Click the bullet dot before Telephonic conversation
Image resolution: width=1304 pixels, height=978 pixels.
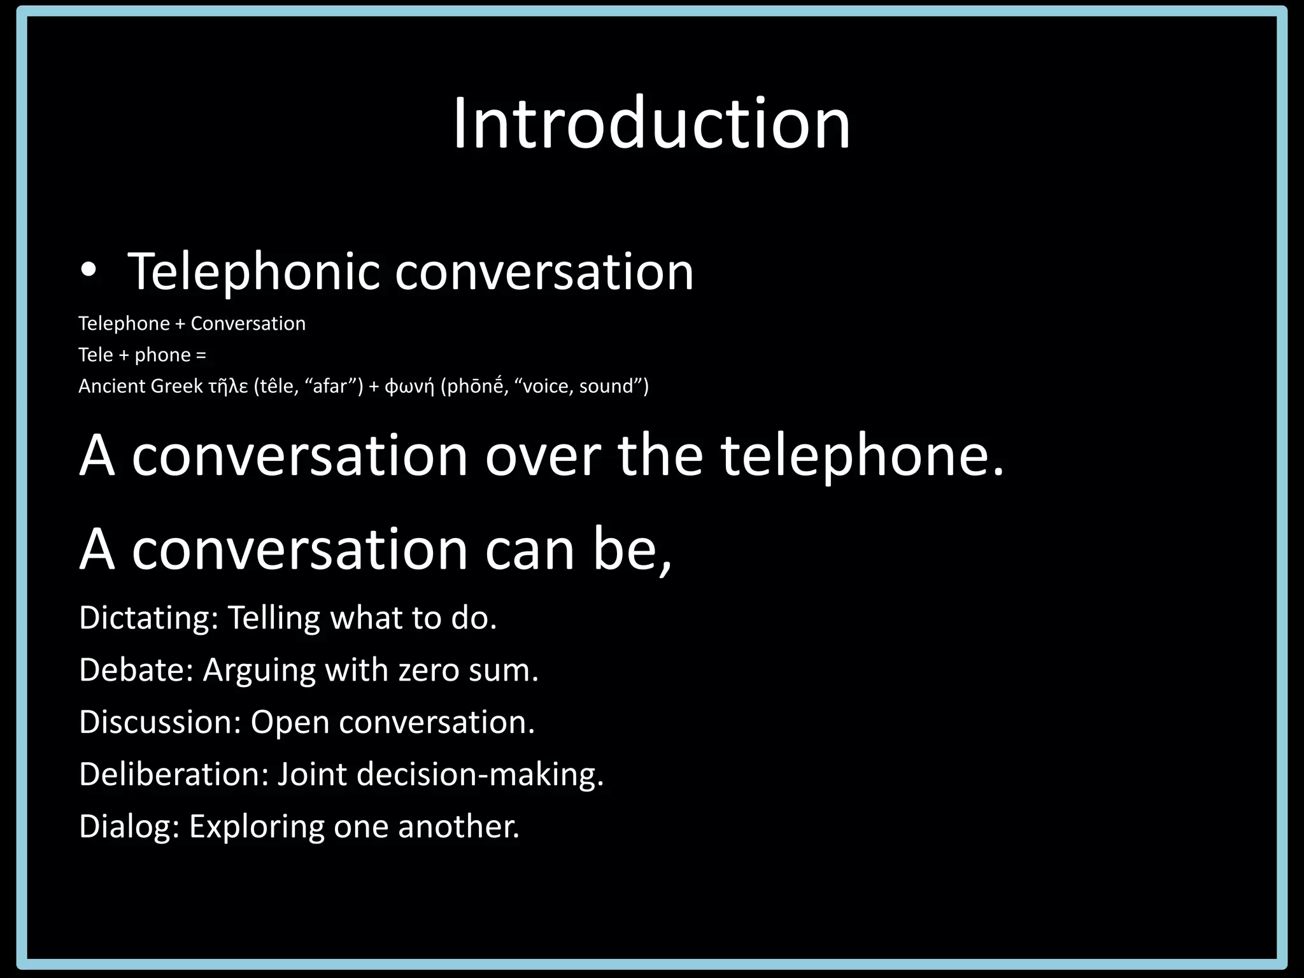pyautogui.click(x=89, y=272)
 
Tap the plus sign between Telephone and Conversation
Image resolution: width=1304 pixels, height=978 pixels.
pyautogui.click(x=180, y=323)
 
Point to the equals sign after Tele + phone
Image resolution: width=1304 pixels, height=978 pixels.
pyautogui.click(x=201, y=355)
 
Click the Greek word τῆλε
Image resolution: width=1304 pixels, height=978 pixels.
pyautogui.click(x=228, y=386)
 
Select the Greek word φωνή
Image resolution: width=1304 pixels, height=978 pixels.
pyautogui.click(x=409, y=386)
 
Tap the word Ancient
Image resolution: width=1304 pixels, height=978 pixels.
pyautogui.click(x=111, y=386)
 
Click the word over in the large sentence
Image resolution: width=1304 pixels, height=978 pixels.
pyautogui.click(x=542, y=455)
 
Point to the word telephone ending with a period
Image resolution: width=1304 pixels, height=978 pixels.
pyautogui.click(x=861, y=455)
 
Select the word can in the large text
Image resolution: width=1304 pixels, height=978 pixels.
pyautogui.click(x=530, y=549)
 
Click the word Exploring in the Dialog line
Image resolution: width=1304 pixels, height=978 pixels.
pyautogui.click(x=257, y=826)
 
